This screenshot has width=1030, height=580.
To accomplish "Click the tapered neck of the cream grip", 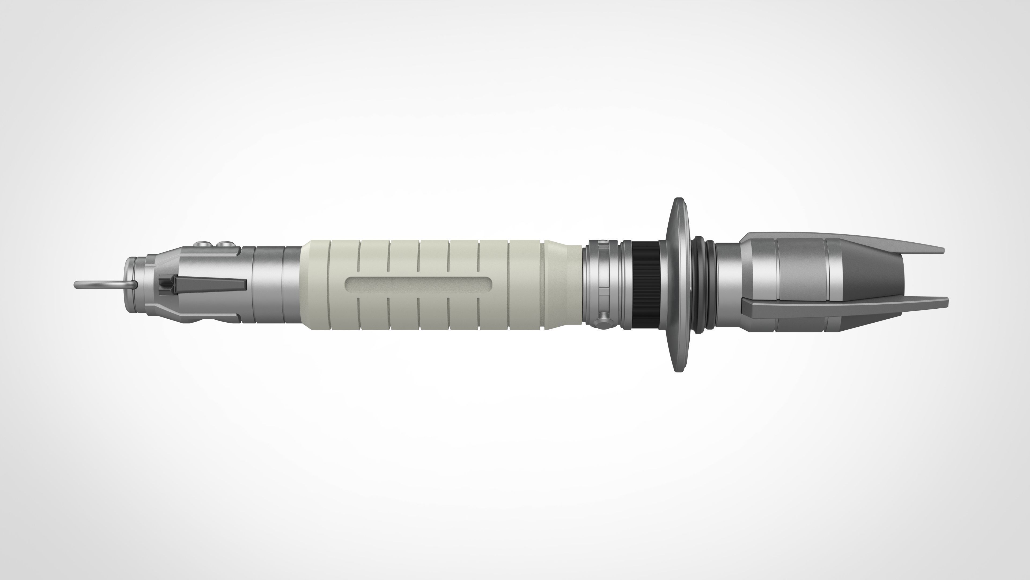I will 562,285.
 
